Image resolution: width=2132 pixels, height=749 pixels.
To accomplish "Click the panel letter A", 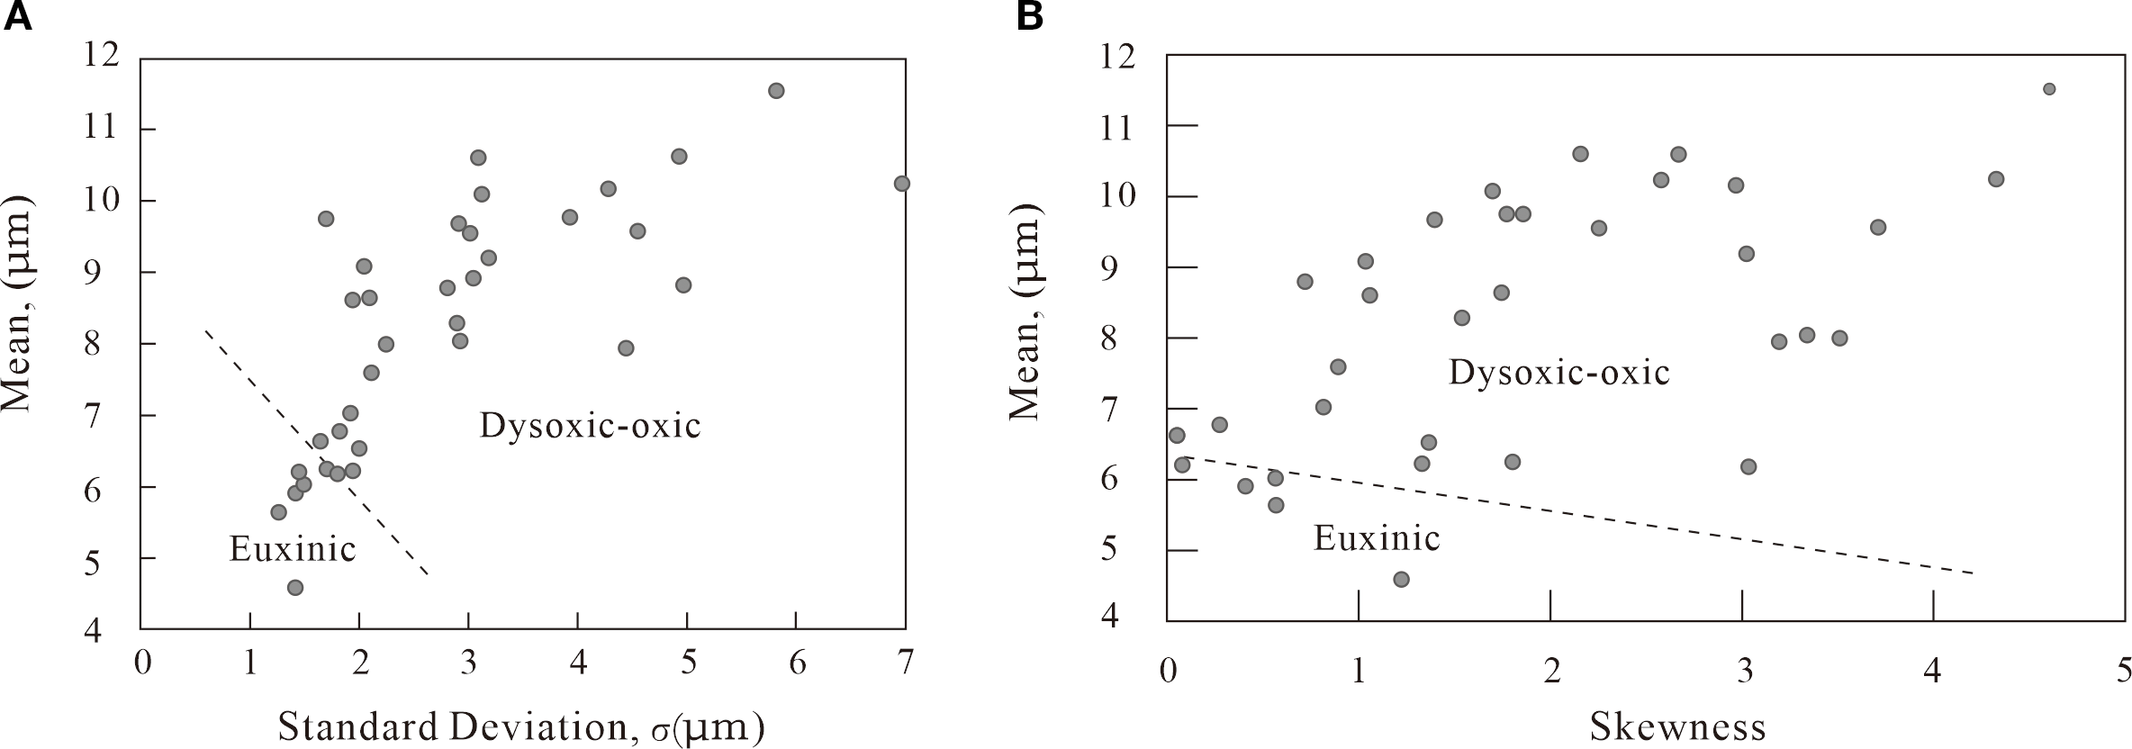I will click(19, 17).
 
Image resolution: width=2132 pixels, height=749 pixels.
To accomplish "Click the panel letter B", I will click(1030, 17).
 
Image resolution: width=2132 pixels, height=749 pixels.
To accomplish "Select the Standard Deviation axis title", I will click(521, 727).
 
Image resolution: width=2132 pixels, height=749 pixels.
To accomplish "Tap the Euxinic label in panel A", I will click(293, 548).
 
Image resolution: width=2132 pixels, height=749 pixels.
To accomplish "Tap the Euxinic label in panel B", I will click(1377, 537).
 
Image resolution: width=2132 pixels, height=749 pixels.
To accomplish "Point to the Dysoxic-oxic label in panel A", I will click(590, 425).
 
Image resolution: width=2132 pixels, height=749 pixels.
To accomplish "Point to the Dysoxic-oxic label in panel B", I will click(1558, 372).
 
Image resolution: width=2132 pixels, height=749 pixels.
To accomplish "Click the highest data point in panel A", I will click(776, 90).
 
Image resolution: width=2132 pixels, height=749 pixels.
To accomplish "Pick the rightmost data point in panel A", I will click(901, 184).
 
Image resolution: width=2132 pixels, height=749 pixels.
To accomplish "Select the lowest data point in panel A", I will click(294, 588).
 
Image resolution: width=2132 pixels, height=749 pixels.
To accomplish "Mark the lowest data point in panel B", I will click(1401, 579).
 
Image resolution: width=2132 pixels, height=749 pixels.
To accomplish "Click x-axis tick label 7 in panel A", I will click(905, 664).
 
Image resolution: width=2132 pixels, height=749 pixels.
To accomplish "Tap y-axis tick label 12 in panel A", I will click(100, 57).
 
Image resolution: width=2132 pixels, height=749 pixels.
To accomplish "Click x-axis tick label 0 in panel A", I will click(142, 664).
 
